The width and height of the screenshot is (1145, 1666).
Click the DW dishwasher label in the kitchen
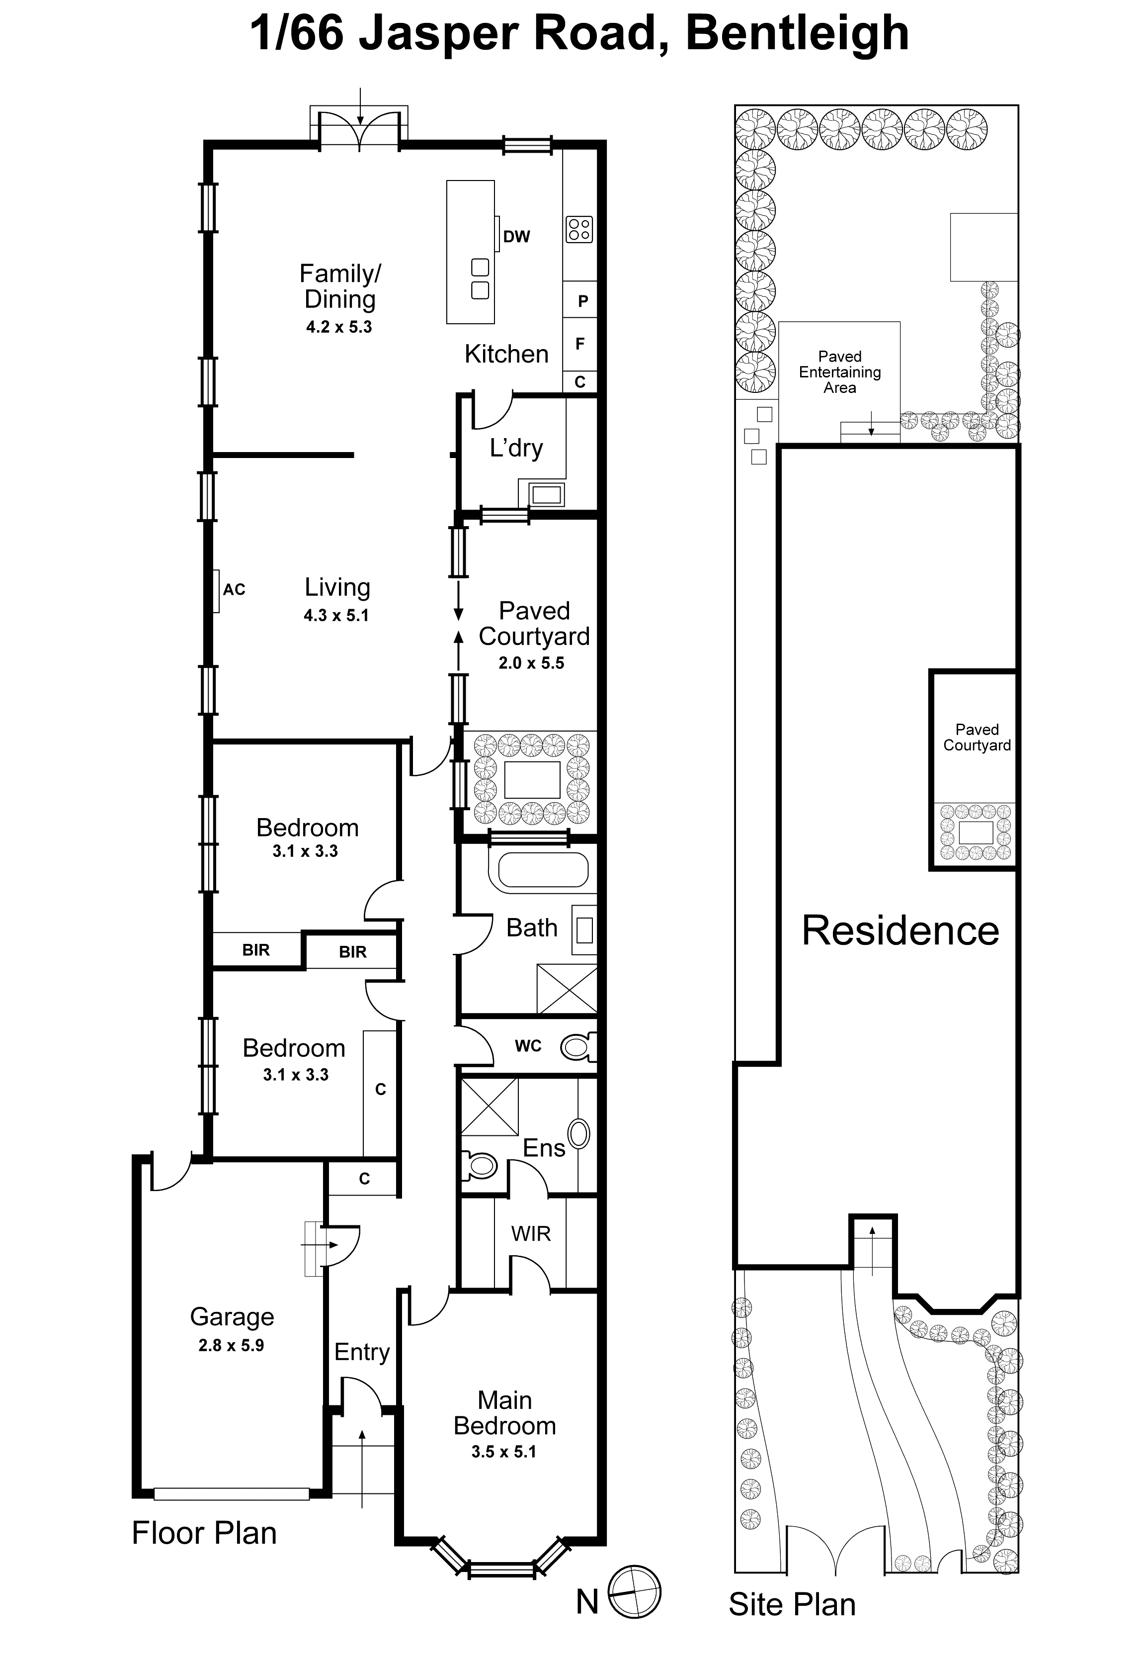click(516, 237)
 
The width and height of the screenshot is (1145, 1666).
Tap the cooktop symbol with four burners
click(579, 230)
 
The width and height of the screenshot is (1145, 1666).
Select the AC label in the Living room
click(234, 590)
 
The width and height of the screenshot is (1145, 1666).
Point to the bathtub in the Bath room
click(543, 872)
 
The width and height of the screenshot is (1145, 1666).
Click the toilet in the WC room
click(577, 1046)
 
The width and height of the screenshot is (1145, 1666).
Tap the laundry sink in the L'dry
click(546, 494)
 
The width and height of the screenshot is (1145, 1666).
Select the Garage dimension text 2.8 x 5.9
click(231, 1345)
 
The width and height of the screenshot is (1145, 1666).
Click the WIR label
click(531, 1234)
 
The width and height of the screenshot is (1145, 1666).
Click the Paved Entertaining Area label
click(839, 372)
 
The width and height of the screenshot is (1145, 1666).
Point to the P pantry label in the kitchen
click(582, 301)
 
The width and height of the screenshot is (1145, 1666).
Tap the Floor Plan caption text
click(204, 1533)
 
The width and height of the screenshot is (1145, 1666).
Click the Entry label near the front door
click(362, 1352)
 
